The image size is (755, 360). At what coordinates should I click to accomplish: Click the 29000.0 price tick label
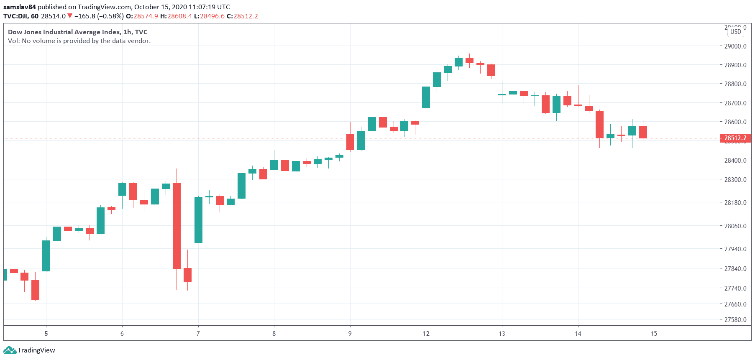click(x=735, y=46)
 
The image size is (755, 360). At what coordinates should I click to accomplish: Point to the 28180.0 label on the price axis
click(x=735, y=203)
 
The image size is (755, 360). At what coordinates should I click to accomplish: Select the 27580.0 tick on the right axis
click(x=735, y=320)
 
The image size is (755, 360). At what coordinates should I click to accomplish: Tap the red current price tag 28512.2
click(x=735, y=138)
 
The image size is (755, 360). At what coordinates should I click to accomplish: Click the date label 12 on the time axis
click(x=426, y=334)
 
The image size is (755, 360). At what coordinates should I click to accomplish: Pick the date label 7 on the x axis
click(x=198, y=334)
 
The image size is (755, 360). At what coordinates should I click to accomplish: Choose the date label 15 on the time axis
click(x=654, y=334)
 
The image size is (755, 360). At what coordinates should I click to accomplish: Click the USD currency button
click(x=736, y=32)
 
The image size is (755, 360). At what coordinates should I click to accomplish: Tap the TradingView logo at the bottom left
click(x=29, y=350)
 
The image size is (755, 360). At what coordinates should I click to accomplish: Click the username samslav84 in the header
click(x=20, y=7)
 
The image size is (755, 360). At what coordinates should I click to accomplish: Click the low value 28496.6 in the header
click(x=212, y=16)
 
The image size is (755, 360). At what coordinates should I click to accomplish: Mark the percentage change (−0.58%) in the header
click(x=110, y=16)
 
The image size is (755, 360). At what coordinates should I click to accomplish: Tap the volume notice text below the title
click(x=79, y=41)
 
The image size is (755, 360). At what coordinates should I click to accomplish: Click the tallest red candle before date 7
click(x=177, y=226)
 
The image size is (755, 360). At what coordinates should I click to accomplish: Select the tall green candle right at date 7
click(x=198, y=220)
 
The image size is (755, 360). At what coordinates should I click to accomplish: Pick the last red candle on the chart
click(x=643, y=132)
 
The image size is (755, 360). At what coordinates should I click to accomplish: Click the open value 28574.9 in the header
click(x=146, y=16)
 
